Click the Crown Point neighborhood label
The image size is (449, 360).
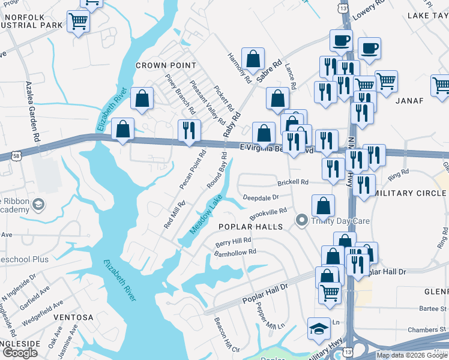click(x=166, y=65)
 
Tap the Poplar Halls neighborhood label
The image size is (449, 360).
click(x=250, y=227)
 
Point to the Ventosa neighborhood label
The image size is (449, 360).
click(x=74, y=317)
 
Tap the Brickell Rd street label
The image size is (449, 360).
click(x=292, y=182)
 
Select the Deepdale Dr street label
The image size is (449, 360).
click(x=261, y=197)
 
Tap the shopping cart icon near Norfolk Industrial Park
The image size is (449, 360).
click(x=78, y=22)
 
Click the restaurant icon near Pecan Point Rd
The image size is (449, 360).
click(x=189, y=130)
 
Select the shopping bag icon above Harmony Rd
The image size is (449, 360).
click(x=253, y=59)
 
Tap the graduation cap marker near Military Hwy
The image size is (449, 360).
click(x=319, y=328)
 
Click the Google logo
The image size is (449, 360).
click(x=19, y=353)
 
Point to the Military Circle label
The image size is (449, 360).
click(x=410, y=193)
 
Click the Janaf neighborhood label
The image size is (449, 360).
click(x=410, y=101)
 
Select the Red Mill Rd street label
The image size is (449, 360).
click(x=175, y=215)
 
